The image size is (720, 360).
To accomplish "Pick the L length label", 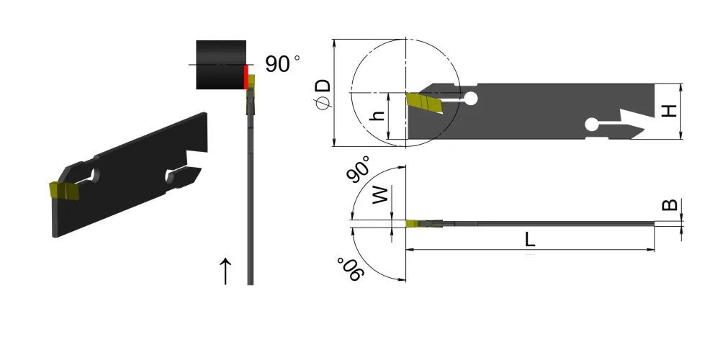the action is click(x=530, y=240).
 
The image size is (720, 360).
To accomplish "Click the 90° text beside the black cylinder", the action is click(x=282, y=64).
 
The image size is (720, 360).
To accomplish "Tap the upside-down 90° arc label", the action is click(x=351, y=270).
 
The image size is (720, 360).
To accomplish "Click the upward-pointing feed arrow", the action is click(x=225, y=271).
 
